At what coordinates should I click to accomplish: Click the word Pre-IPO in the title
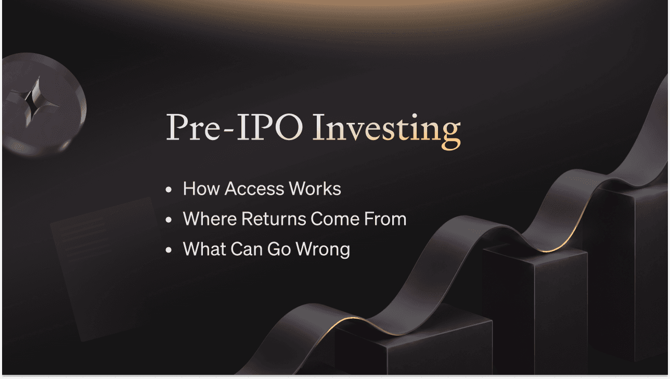click(x=235, y=127)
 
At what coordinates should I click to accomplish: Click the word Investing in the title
click(x=386, y=131)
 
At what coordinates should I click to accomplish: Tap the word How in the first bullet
click(x=201, y=188)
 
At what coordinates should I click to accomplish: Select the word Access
click(x=254, y=188)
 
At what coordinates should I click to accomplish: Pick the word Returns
click(x=274, y=219)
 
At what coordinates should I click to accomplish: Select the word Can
click(x=247, y=249)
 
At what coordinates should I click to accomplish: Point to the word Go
click(x=279, y=249)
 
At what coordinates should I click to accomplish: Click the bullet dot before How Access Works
click(x=169, y=189)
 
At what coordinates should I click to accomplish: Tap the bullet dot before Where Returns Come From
click(x=169, y=220)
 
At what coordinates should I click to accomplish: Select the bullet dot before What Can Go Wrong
click(x=169, y=250)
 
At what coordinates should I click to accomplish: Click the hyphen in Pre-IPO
click(x=228, y=131)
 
